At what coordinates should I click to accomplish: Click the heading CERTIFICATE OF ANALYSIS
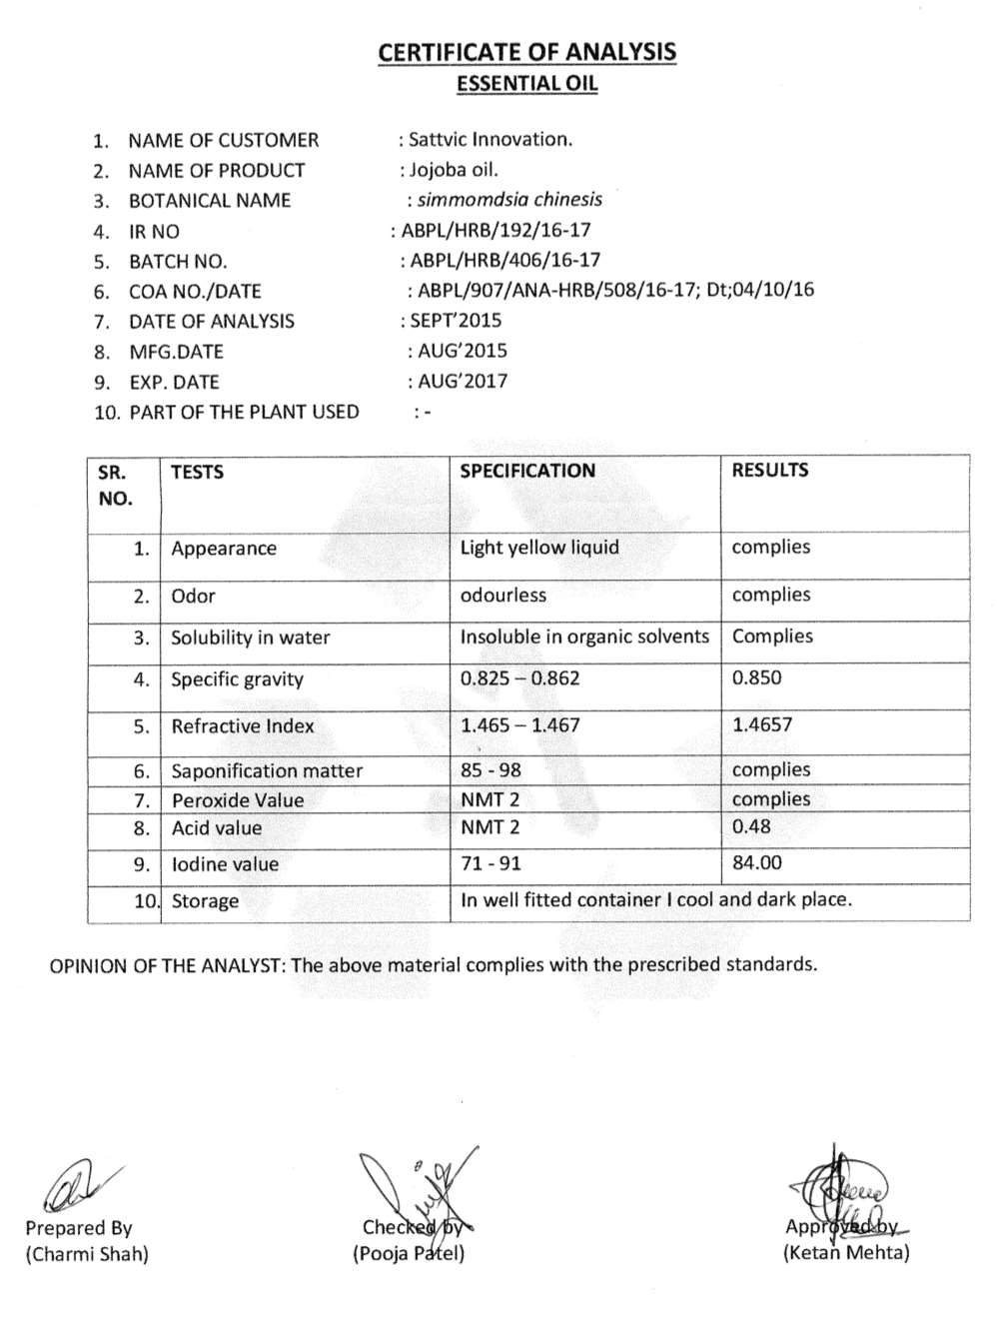click(526, 52)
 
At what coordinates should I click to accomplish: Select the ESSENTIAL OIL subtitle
click(526, 84)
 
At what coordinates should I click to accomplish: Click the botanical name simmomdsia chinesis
click(509, 200)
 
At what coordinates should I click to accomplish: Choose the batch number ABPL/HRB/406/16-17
click(505, 261)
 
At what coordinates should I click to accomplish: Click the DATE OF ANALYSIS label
click(212, 322)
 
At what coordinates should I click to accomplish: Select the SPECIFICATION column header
click(527, 471)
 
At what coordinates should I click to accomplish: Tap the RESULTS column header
click(770, 471)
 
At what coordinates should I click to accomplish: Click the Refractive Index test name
click(243, 726)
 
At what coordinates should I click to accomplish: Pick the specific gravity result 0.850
click(757, 678)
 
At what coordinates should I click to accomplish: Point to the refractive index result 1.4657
click(762, 725)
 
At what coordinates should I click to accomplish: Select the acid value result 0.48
click(751, 827)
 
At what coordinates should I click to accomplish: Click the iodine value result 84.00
click(757, 863)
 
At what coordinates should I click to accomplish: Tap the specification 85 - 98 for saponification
click(491, 770)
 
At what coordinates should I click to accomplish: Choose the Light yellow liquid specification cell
click(539, 548)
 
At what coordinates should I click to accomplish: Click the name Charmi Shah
click(87, 1254)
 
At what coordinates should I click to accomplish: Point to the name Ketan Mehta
click(846, 1253)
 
